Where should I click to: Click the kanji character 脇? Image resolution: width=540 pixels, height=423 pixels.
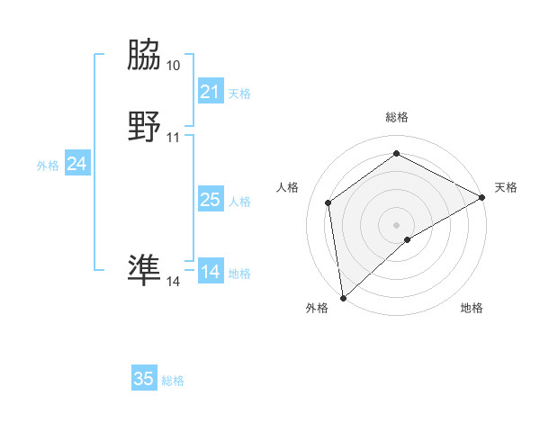point(144,57)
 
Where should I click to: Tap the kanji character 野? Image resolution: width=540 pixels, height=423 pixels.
point(144,127)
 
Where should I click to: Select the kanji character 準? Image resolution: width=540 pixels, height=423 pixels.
point(144,270)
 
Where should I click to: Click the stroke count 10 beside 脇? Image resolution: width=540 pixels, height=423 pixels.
point(174,66)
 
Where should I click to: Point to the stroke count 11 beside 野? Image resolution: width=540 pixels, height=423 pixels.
point(174,138)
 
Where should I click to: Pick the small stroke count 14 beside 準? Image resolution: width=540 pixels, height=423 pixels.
point(174,282)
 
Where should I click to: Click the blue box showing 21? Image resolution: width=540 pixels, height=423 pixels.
point(210,92)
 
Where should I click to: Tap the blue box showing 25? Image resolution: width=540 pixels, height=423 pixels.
point(210,200)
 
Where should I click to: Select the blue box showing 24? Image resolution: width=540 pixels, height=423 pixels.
point(77,164)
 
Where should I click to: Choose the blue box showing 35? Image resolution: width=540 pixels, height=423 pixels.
point(144,379)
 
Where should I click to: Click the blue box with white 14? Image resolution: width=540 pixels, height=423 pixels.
point(210,272)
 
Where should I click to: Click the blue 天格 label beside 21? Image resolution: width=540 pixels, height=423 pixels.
point(239,94)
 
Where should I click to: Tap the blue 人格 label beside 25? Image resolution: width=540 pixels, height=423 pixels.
point(239,202)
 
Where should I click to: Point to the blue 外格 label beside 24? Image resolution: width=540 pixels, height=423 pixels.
point(48,166)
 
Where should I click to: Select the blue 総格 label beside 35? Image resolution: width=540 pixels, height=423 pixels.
point(174,381)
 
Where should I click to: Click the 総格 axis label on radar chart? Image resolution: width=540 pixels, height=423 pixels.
point(396,118)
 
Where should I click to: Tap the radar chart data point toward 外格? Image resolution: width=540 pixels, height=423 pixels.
point(343,297)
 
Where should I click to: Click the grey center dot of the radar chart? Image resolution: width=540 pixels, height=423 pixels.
point(396,224)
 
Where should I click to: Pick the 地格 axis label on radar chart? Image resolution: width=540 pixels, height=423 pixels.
point(472,309)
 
